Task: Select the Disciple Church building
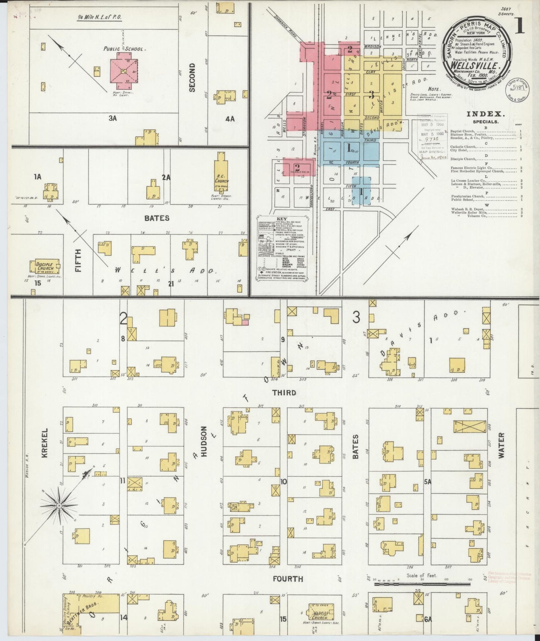[44, 266]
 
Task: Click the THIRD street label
[284, 393]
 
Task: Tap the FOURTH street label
[287, 579]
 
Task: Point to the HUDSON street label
[204, 441]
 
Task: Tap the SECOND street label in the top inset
[192, 77]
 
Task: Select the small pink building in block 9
[245, 322]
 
